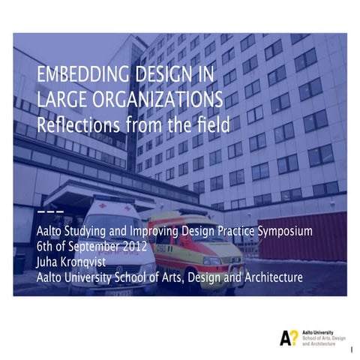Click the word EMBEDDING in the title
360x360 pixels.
[76, 76]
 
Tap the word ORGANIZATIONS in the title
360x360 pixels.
[159, 99]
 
